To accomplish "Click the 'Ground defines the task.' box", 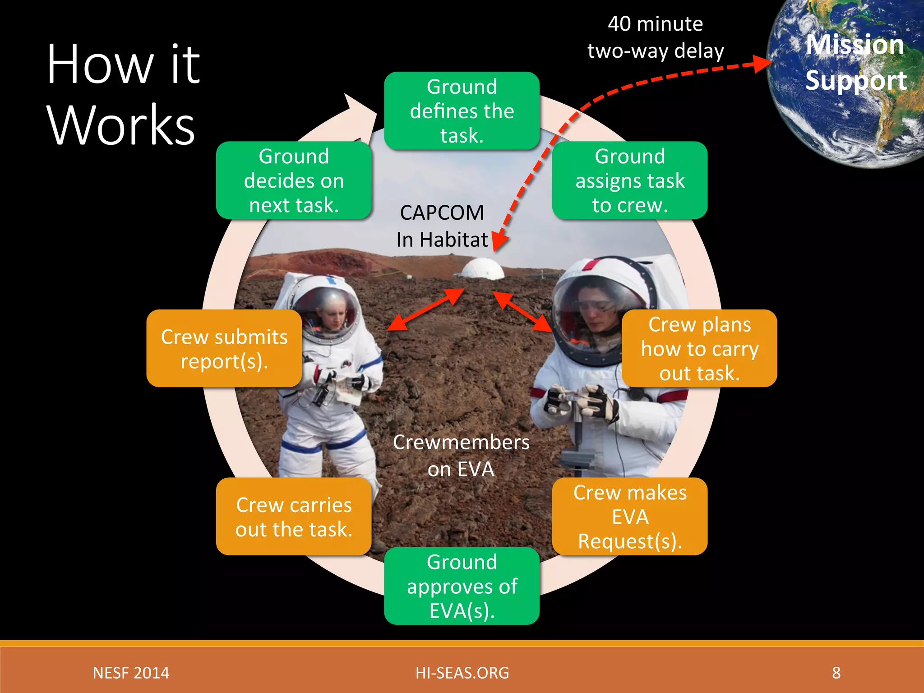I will pos(462,111).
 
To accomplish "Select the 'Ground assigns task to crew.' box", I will pos(629,180).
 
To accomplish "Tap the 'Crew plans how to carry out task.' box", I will pos(699,348).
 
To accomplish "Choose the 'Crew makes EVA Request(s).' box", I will pos(629,516).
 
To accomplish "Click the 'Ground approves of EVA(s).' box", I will pos(462,586).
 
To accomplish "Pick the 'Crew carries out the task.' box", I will pos(294,516).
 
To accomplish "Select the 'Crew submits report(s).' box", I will pos(224,348).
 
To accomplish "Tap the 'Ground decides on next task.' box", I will pos(294,180).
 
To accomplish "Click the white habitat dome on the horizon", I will pos(482,269).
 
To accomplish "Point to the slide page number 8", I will pos(836,673).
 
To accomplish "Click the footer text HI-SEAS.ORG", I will pos(462,673).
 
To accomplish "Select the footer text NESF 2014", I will pos(131,673).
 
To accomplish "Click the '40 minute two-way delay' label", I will pos(655,37).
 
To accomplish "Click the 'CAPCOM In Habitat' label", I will pos(442,226).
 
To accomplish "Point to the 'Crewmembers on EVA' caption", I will pos(461,455).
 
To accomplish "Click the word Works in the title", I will pos(121,125).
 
